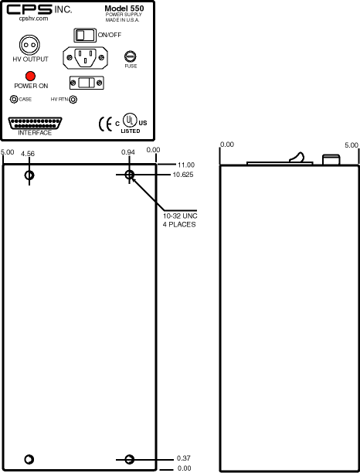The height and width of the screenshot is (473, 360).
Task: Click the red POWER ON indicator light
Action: [x=30, y=76]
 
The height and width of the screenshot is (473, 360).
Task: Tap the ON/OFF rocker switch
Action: [x=85, y=35]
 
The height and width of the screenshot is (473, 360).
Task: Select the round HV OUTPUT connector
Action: [x=29, y=45]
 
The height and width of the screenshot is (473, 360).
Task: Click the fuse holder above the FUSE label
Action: [x=131, y=56]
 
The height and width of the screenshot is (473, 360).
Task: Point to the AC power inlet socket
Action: [x=85, y=57]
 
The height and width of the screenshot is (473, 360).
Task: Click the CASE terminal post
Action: [x=14, y=99]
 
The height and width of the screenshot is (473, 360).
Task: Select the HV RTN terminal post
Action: [x=73, y=99]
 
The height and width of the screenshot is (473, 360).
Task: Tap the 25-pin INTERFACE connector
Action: [x=35, y=124]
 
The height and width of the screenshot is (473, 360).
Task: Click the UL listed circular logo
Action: [x=130, y=120]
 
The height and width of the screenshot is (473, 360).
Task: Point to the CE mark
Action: [x=105, y=124]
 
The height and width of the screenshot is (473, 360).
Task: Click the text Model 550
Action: [x=124, y=9]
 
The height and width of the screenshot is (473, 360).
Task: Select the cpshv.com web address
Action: [x=33, y=19]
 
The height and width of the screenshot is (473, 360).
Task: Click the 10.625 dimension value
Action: [x=183, y=175]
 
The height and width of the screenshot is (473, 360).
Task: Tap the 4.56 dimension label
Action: [x=28, y=154]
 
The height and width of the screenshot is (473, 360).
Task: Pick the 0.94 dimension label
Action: [x=128, y=152]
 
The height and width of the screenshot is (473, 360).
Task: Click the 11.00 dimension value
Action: [x=186, y=165]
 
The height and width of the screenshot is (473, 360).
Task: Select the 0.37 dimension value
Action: [x=184, y=458]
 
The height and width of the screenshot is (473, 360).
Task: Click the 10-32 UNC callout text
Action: [x=180, y=216]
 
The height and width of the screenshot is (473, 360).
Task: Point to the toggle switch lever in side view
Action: [x=297, y=157]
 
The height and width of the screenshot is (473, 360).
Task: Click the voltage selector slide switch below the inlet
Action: [x=87, y=83]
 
